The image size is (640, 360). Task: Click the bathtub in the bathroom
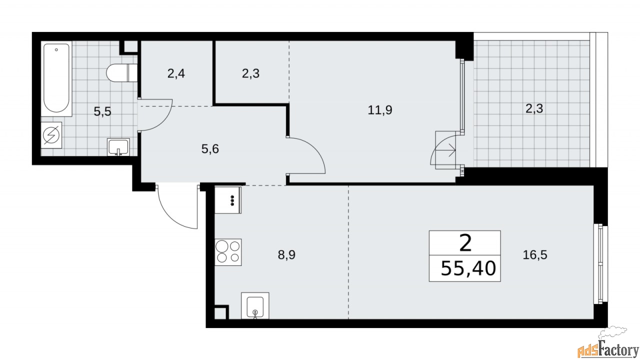(x=56, y=78)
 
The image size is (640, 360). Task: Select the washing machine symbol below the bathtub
(x=52, y=135)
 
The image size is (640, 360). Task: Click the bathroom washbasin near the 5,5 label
(x=118, y=147)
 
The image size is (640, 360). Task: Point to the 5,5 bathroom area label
(x=102, y=111)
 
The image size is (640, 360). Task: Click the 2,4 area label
(x=175, y=74)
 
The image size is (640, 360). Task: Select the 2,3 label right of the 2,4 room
(x=250, y=74)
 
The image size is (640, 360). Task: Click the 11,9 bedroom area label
(x=380, y=110)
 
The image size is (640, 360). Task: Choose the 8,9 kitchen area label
(x=287, y=254)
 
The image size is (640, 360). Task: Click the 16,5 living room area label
(x=535, y=254)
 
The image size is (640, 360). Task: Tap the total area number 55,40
(x=468, y=269)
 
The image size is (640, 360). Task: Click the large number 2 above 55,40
(x=465, y=244)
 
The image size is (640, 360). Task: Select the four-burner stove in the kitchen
(x=228, y=251)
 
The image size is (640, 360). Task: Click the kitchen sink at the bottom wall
(x=255, y=305)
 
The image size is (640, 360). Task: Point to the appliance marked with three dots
(x=228, y=199)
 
